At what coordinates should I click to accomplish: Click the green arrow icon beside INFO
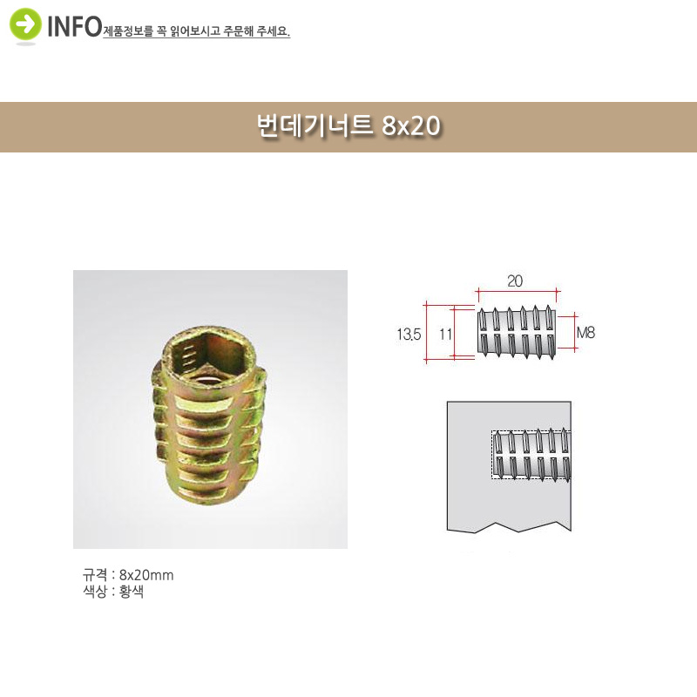pyautogui.click(x=25, y=24)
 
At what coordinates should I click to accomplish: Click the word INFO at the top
pyautogui.click(x=75, y=27)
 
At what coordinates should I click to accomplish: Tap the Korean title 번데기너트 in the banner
pyautogui.click(x=315, y=125)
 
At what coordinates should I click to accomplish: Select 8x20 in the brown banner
pyautogui.click(x=410, y=125)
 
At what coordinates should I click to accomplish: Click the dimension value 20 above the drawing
pyautogui.click(x=515, y=281)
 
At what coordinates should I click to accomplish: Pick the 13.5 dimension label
pyautogui.click(x=409, y=334)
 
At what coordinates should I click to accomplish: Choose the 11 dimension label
pyautogui.click(x=445, y=334)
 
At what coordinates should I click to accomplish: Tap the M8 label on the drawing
pyautogui.click(x=585, y=333)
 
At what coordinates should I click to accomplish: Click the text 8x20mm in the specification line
pyautogui.click(x=146, y=575)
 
